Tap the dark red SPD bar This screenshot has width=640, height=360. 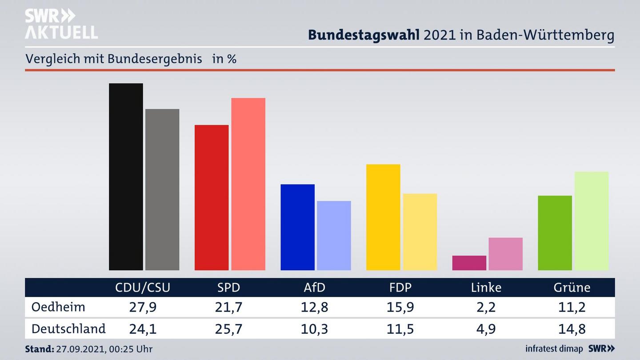(x=212, y=197)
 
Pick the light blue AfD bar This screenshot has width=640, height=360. (x=334, y=236)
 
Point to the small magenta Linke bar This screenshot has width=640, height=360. (x=469, y=263)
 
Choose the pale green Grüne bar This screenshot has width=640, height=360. (x=591, y=221)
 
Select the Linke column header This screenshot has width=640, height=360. (x=486, y=288)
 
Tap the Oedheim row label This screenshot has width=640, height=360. (x=58, y=307)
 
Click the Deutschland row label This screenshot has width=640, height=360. (x=68, y=328)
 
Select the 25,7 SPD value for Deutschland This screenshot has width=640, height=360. (x=228, y=329)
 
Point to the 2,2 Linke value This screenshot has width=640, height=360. (x=486, y=307)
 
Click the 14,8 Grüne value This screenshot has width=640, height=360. (x=572, y=329)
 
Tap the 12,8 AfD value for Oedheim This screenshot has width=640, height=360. (x=314, y=307)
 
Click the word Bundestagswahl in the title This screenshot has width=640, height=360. (x=364, y=35)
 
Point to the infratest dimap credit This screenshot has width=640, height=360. (x=554, y=348)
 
